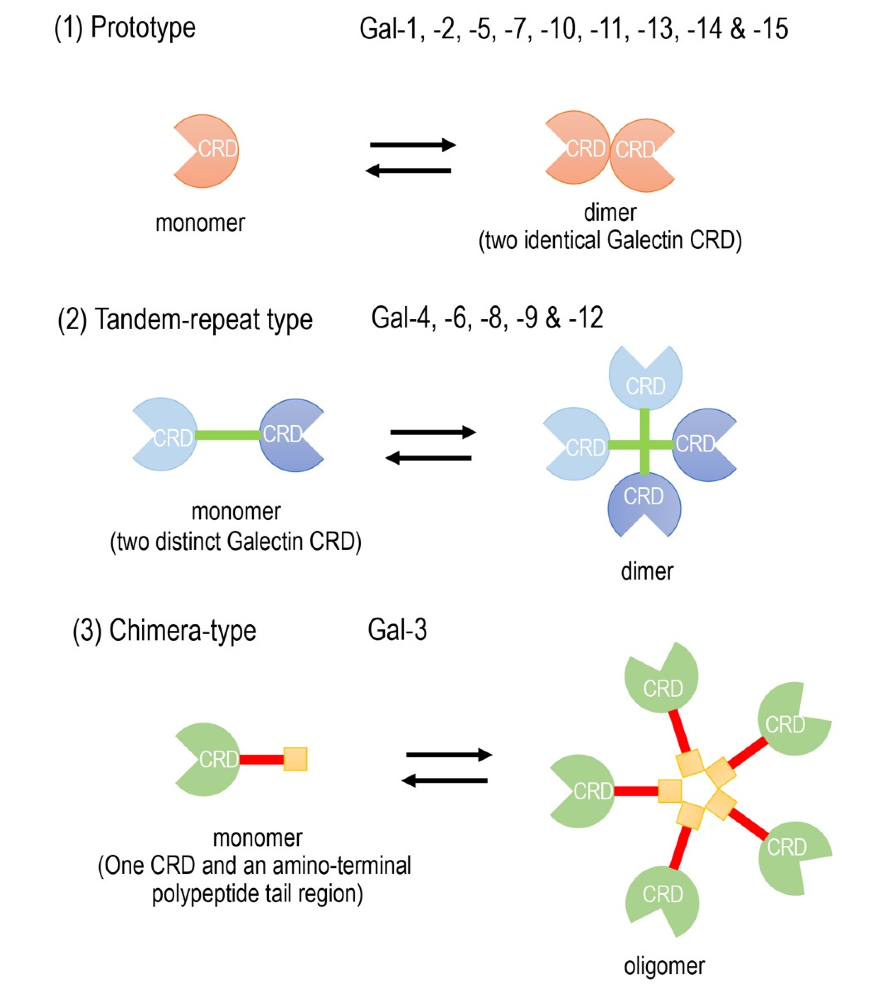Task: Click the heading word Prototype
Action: pos(143,28)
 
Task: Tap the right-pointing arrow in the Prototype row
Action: pos(413,145)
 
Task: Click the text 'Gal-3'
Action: pos(397,630)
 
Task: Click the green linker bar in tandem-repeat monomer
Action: pos(228,434)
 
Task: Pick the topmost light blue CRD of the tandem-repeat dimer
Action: pos(645,378)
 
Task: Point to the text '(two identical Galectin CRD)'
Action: pos(610,240)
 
